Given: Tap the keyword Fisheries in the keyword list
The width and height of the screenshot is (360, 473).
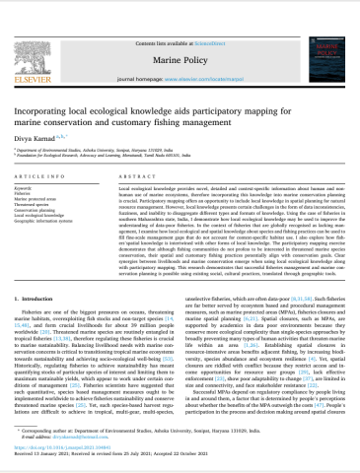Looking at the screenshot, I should click(30, 190).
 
